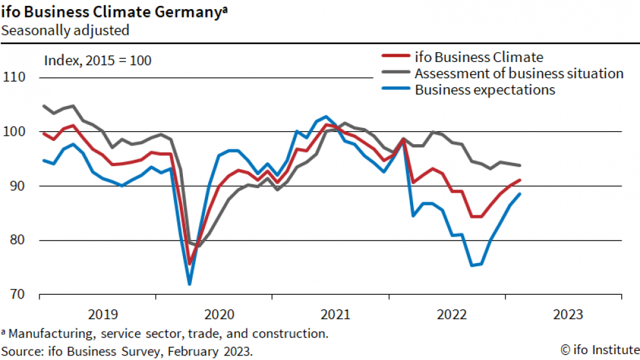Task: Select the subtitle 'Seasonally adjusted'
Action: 65,30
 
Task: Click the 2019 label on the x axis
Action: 103,315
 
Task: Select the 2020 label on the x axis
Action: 219,315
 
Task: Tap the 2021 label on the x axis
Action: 336,315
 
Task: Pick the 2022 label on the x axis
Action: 453,315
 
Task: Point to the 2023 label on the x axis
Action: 569,315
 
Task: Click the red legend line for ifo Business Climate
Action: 392,57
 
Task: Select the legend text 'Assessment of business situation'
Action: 519,73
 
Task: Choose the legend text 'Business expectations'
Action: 485,90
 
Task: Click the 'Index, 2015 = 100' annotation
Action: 98,61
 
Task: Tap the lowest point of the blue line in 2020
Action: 189,284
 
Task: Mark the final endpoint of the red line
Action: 520,180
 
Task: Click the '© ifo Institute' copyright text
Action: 598,350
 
